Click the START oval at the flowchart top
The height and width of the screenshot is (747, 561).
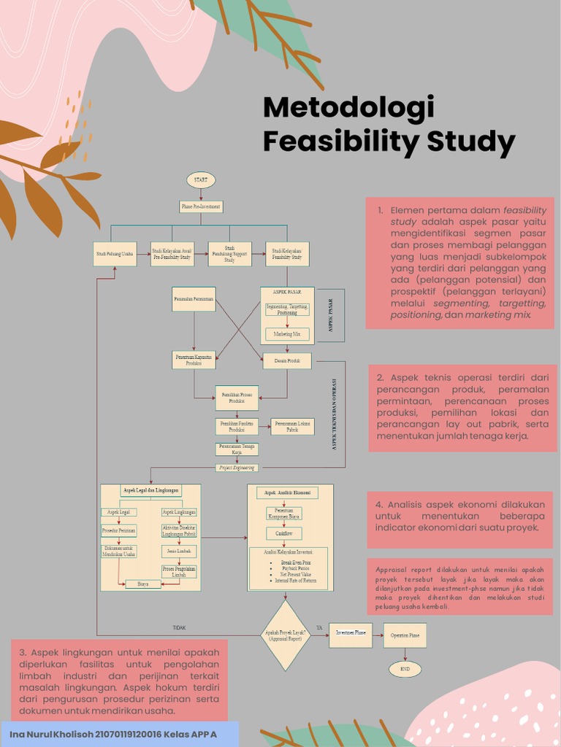[201, 179]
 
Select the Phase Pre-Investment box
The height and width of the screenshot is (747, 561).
[201, 206]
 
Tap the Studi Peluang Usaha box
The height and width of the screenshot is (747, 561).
[115, 254]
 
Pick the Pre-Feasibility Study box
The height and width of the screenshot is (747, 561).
[172, 254]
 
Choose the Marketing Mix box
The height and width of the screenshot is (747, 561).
[287, 334]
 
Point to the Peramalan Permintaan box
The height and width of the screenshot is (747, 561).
[194, 299]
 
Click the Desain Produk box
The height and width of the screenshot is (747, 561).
[287, 360]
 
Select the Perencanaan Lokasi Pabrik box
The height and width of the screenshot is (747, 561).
[292, 426]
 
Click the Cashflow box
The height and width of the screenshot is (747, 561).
[283, 534]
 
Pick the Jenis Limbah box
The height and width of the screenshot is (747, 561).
[179, 551]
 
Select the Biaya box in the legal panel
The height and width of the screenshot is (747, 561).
[142, 584]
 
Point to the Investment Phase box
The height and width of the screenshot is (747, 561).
[351, 634]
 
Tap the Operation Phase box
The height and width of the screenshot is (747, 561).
[405, 635]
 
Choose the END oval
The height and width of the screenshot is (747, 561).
[405, 668]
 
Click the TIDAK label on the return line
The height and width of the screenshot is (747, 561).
[179, 627]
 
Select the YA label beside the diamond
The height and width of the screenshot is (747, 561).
[319, 627]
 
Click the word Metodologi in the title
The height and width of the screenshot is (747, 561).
[348, 108]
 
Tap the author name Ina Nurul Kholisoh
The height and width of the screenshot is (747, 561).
[50, 733]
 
